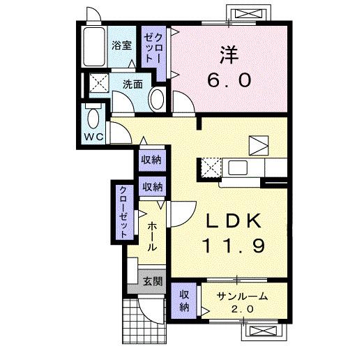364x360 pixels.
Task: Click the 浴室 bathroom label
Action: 122,46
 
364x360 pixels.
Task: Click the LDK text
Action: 234,222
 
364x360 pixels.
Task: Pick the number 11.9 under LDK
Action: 234,246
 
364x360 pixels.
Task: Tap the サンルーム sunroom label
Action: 241,295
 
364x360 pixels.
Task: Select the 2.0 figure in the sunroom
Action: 241,309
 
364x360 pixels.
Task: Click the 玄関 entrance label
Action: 153,282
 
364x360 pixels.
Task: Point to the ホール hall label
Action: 152,237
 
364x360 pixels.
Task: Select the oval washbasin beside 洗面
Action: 157,99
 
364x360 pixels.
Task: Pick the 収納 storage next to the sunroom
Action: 184,301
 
